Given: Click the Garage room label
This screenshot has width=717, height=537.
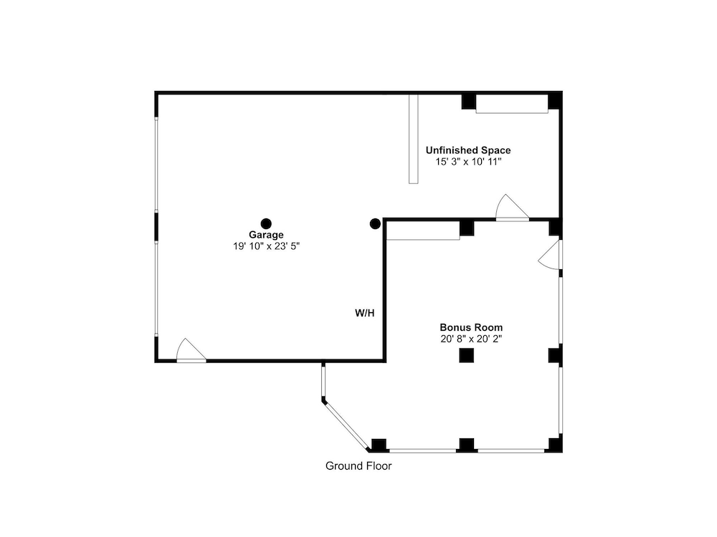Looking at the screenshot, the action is (266, 235).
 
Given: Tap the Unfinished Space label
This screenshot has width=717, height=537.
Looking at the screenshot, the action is (468, 150).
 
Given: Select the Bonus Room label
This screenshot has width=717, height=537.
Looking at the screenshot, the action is (471, 327).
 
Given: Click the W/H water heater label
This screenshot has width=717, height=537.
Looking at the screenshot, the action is (365, 313).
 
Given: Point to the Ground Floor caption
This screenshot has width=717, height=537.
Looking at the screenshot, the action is (358, 466).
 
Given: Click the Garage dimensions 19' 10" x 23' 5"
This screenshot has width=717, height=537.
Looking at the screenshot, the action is (266, 246).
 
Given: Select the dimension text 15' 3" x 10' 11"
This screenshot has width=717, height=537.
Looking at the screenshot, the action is (468, 162).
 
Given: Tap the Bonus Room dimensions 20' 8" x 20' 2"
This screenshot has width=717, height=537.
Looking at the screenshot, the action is (471, 339).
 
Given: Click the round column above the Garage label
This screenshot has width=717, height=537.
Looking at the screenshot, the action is (266, 223).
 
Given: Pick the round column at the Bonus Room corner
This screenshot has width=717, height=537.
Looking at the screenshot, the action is (375, 223).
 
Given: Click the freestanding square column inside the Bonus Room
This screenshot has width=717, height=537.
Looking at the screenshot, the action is (467, 355).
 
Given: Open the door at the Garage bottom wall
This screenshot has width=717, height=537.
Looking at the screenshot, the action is (191, 351).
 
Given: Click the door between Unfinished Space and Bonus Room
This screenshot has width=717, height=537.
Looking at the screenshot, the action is (512, 208).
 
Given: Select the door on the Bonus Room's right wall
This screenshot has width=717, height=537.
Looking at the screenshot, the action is (550, 255).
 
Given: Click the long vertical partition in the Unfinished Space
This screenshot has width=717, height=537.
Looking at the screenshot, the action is (414, 139).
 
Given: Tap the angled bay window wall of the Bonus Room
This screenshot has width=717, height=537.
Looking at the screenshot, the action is (346, 425).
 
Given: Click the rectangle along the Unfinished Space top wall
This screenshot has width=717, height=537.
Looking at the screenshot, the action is (512, 104).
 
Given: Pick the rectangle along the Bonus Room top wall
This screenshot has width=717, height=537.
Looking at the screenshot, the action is (423, 231).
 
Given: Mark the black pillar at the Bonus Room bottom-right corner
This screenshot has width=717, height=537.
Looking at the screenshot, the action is (555, 445).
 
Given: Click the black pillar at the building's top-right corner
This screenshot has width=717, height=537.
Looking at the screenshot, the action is (555, 101).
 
